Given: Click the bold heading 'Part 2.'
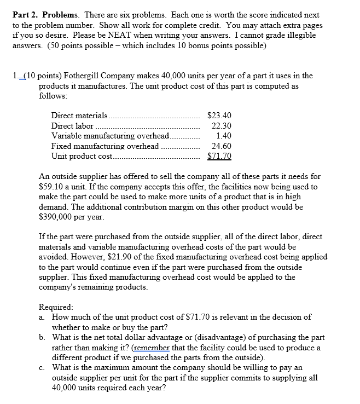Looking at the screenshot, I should tap(26, 15).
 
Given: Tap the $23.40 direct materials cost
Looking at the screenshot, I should tap(220, 116).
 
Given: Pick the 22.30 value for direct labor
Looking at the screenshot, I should tap(222, 125).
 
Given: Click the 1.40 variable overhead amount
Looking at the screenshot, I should tap(224, 135).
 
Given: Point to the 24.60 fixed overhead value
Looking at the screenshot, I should tap(222, 146).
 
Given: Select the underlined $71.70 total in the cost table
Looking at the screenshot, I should tap(220, 156).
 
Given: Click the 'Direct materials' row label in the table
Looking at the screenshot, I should tap(79, 116).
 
